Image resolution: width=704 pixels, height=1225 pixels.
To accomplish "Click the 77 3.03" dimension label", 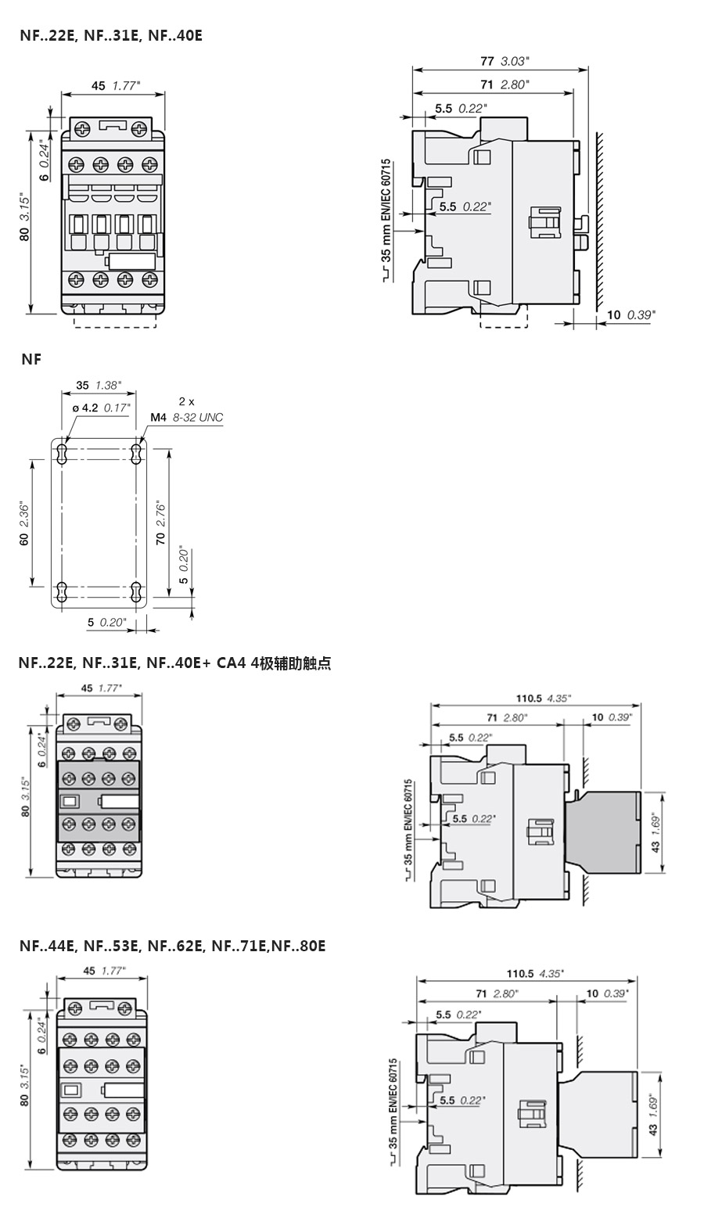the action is tap(505, 61).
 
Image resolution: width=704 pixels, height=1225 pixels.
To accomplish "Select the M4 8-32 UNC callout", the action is tap(187, 418).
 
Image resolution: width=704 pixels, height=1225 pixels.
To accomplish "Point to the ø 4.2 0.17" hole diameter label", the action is tap(101, 408).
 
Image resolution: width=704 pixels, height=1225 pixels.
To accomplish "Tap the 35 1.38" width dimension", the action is tap(99, 385).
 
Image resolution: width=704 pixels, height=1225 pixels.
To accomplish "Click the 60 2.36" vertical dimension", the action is tap(24, 523).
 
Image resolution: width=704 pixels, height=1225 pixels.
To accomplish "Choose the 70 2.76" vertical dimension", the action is tap(160, 522).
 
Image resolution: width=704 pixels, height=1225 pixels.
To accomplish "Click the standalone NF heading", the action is tap(31, 359).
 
